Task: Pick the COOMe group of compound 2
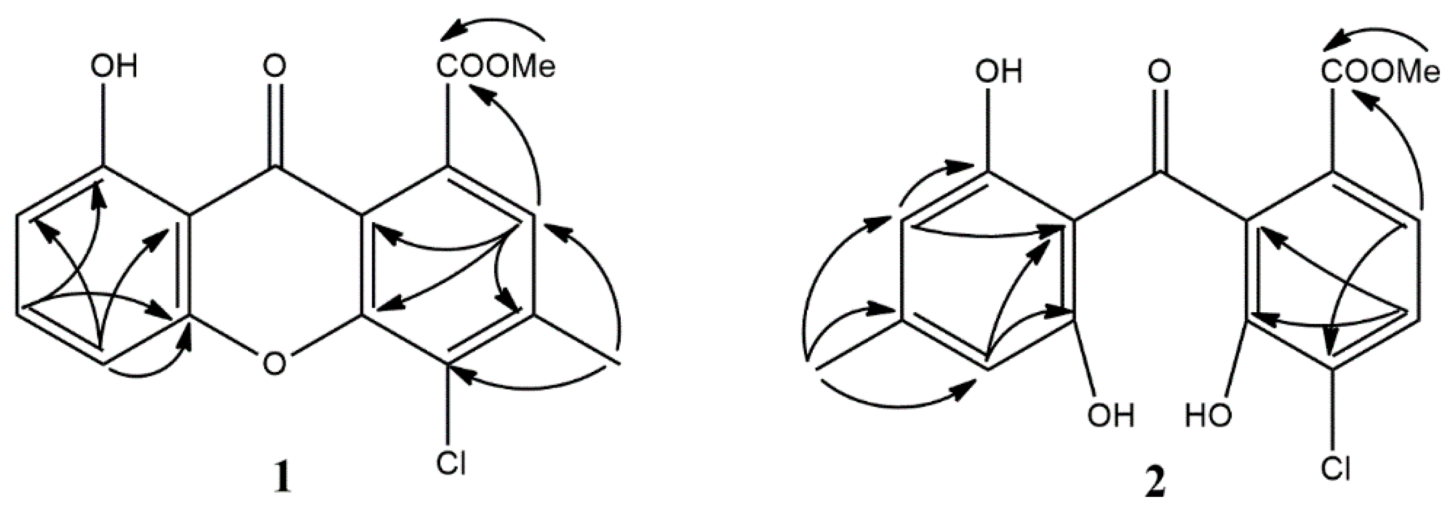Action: pos(1380,72)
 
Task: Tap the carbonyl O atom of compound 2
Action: pos(1160,72)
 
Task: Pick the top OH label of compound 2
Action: pos(999,72)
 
